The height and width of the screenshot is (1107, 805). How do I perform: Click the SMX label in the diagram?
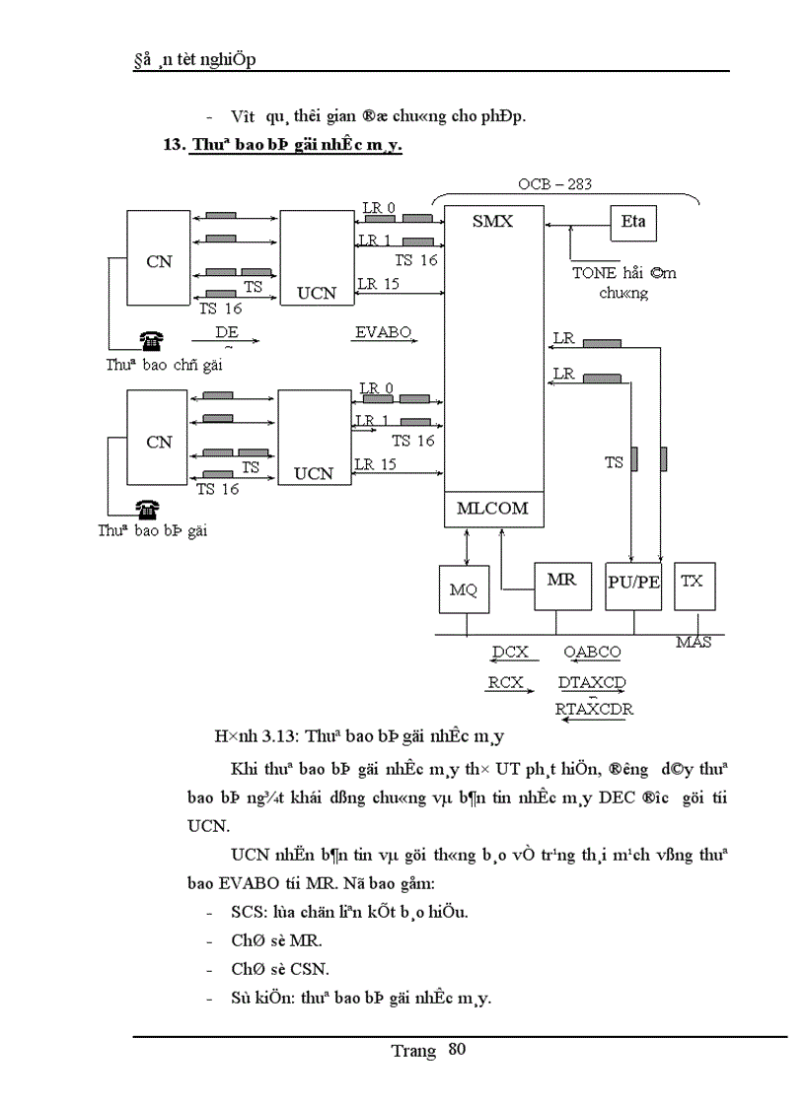(491, 221)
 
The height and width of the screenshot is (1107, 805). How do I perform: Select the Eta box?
(633, 222)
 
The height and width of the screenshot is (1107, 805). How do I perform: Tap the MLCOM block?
(492, 509)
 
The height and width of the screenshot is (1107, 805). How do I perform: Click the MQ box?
(463, 589)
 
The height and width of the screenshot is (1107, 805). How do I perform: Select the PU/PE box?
(633, 584)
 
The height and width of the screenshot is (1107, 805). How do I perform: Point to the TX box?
(694, 584)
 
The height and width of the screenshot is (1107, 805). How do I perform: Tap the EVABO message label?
(383, 332)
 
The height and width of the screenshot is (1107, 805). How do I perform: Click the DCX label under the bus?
(510, 652)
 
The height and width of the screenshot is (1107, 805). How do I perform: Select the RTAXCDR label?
(594, 709)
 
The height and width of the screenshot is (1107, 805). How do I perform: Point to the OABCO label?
(592, 652)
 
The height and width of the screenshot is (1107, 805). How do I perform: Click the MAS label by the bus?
(694, 643)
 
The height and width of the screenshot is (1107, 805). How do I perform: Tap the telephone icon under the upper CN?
(150, 342)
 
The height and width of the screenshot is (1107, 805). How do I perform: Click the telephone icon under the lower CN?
(149, 509)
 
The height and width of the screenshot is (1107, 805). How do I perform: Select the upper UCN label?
(316, 293)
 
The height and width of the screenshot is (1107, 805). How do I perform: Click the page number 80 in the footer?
(456, 1049)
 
